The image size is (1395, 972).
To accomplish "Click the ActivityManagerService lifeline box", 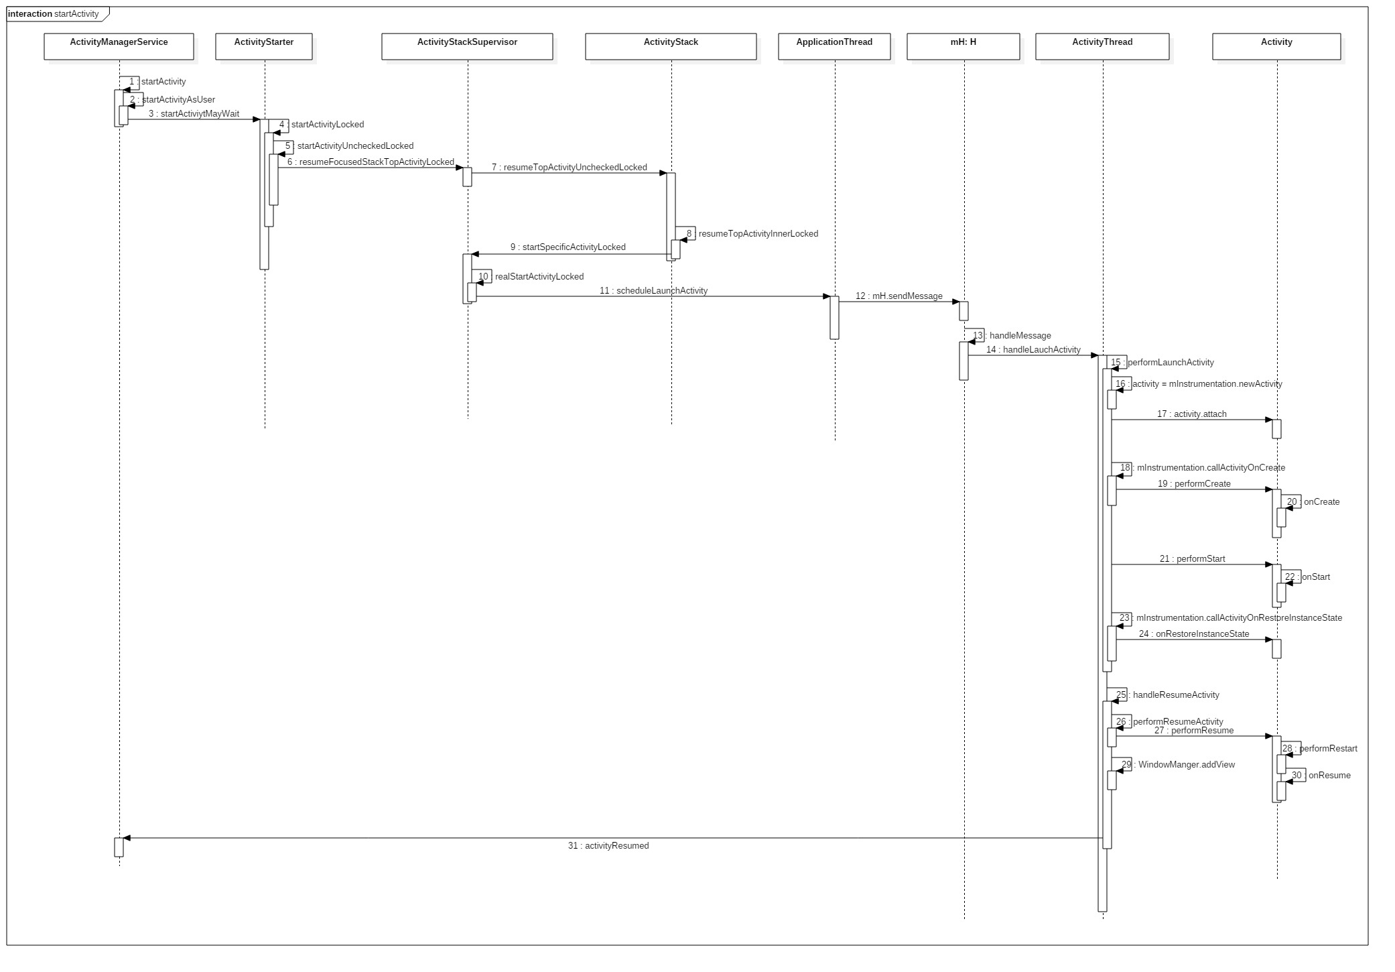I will (119, 46).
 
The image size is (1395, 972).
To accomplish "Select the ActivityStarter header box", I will (264, 46).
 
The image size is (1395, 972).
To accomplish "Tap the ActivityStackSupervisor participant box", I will (467, 46).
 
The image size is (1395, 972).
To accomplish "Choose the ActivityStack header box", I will (671, 46).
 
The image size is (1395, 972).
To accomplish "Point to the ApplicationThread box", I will (834, 46).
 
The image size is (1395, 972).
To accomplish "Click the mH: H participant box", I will (963, 46).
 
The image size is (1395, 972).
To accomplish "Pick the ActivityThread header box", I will (1102, 46).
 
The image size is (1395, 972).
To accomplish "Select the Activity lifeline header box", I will (1276, 46).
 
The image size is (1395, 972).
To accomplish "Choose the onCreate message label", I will (1321, 502).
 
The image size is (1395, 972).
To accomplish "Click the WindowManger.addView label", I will (1186, 765).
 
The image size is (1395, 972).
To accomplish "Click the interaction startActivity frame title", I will (54, 14).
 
